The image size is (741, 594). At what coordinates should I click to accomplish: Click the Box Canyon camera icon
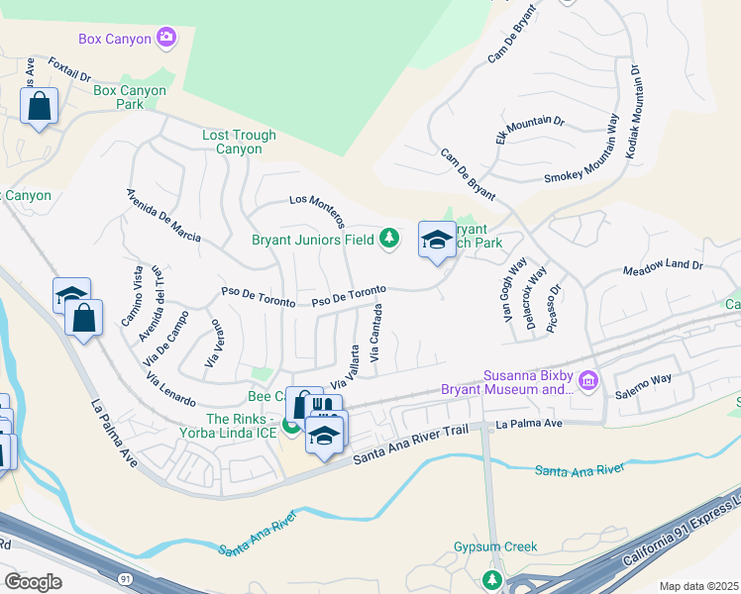click(x=165, y=39)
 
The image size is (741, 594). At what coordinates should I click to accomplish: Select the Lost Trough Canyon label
click(x=232, y=142)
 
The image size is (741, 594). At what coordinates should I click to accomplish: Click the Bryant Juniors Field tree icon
click(x=390, y=238)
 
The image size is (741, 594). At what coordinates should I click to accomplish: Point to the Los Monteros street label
click(x=316, y=207)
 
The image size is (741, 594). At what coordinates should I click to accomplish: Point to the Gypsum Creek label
click(x=495, y=546)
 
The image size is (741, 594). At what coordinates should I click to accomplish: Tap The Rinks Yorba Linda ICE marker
click(x=291, y=427)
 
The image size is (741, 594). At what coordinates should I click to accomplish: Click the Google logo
click(x=33, y=582)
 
